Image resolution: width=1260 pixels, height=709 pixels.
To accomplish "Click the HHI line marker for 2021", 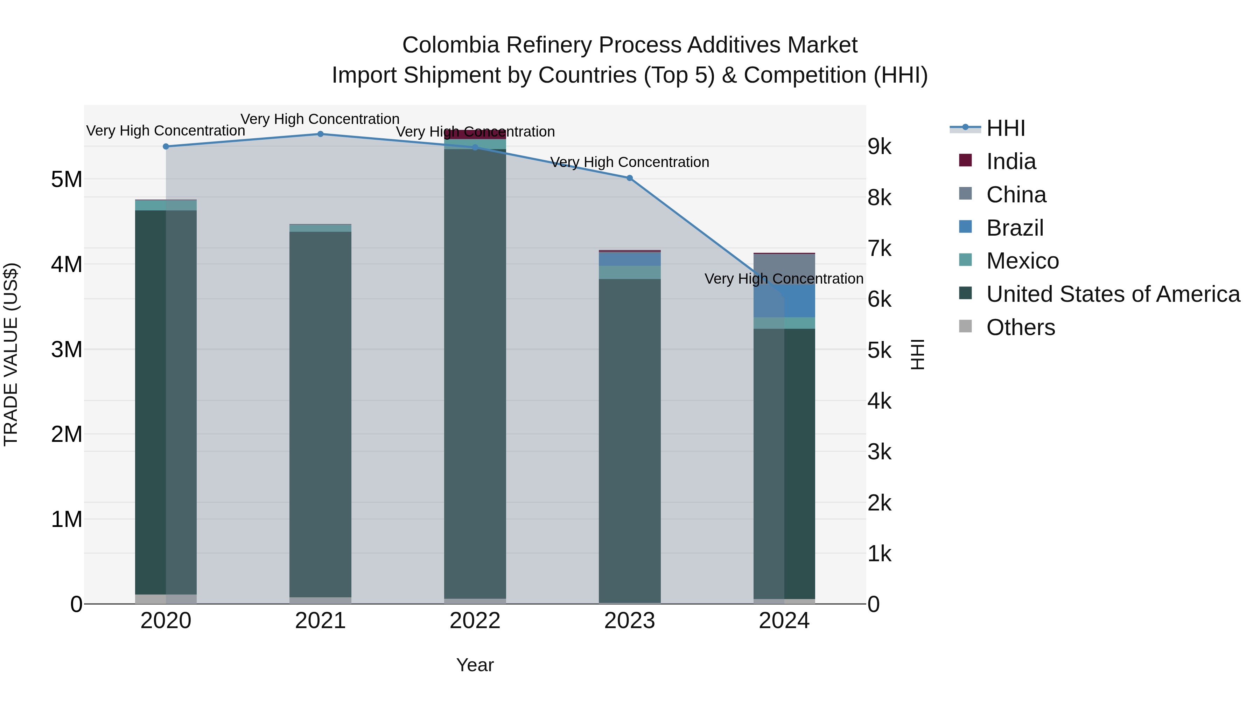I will pyautogui.click(x=320, y=134).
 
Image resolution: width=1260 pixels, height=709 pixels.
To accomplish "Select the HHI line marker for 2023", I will pyautogui.click(x=630, y=178).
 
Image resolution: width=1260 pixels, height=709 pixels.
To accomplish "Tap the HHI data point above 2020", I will pyautogui.click(x=166, y=146).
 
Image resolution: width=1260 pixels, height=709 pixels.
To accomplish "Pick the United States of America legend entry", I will pyautogui.click(x=1113, y=294).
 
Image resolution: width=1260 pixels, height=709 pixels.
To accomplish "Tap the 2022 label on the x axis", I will pyautogui.click(x=475, y=621).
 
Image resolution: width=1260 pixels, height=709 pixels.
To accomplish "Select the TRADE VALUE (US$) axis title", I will pyautogui.click(x=11, y=354).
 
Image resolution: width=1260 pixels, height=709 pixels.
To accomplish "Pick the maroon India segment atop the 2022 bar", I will pyautogui.click(x=475, y=134).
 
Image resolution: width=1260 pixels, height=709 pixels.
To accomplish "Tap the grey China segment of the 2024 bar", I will pyautogui.click(x=784, y=264).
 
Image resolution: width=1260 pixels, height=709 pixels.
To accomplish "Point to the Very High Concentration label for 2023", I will pyautogui.click(x=630, y=162).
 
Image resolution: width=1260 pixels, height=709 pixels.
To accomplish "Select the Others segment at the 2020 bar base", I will pyautogui.click(x=166, y=599).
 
